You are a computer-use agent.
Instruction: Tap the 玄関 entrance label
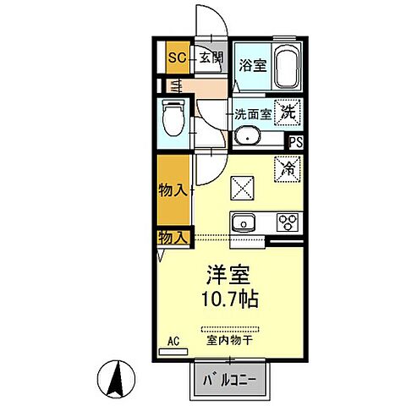[x=211, y=58]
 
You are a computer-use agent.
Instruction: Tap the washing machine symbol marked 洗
[x=288, y=109]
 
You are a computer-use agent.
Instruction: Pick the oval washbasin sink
[x=250, y=137]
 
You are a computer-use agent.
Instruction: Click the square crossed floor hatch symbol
[x=243, y=184]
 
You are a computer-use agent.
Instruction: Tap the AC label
[x=173, y=343]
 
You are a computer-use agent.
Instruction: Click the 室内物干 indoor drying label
[x=232, y=341]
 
